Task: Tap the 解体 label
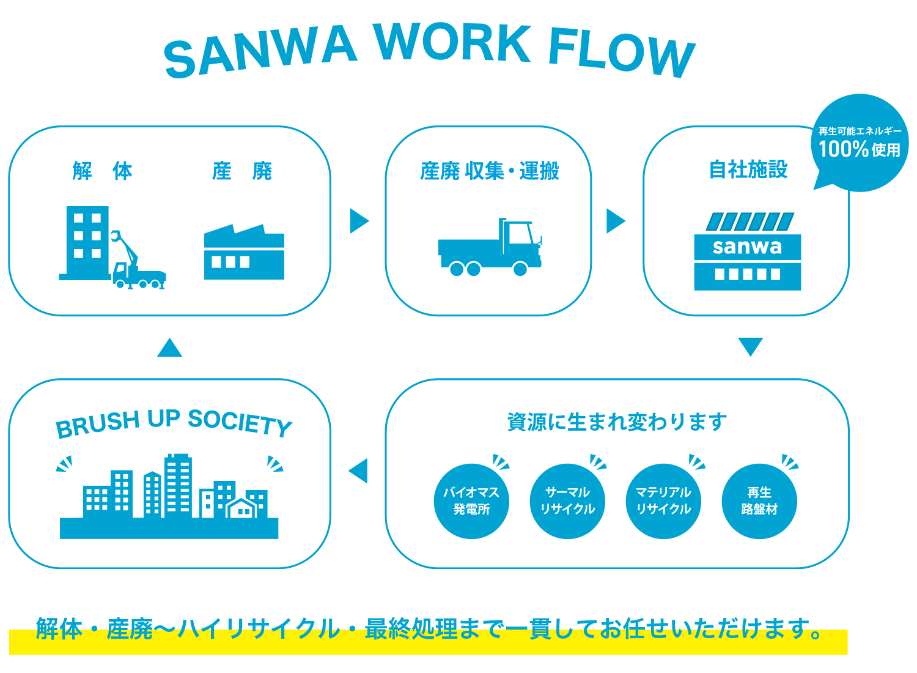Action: (102, 171)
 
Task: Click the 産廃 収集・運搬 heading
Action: (489, 171)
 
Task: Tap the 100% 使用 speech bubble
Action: (860, 143)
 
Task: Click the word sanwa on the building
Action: (747, 247)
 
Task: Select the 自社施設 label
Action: (748, 169)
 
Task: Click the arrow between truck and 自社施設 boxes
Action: (615, 221)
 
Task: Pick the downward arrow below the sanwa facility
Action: (750, 346)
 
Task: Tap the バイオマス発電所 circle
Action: (471, 501)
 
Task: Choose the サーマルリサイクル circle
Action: (567, 501)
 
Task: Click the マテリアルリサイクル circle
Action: (663, 501)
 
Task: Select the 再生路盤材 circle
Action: (759, 501)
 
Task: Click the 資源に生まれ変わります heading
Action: (617, 422)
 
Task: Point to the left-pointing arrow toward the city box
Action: (359, 470)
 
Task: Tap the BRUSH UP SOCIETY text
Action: (174, 423)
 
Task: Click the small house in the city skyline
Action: (242, 508)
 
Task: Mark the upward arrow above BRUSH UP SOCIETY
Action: (169, 348)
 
